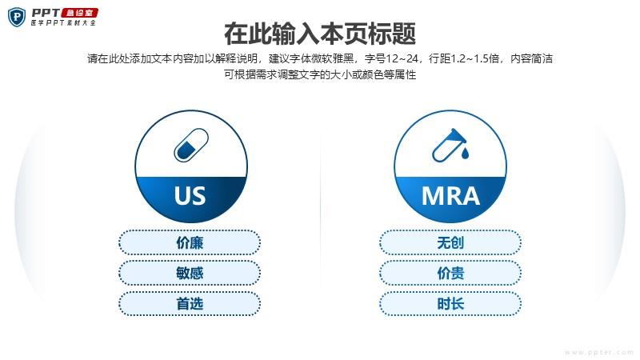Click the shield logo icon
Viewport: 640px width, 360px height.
(x=17, y=17)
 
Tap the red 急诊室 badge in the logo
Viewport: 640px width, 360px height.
(x=79, y=13)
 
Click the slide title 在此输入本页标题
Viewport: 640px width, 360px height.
(x=320, y=34)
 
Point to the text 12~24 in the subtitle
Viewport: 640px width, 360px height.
(x=402, y=58)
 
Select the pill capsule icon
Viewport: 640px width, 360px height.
(x=191, y=145)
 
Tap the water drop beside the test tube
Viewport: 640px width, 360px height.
(x=465, y=153)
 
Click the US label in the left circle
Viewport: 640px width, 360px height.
(x=190, y=195)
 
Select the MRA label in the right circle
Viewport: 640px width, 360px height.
(x=450, y=196)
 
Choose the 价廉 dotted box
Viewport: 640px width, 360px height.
(x=190, y=243)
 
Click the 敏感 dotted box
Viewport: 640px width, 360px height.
(x=190, y=273)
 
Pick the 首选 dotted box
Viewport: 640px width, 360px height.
(x=190, y=304)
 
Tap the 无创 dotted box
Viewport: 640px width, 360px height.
(x=450, y=243)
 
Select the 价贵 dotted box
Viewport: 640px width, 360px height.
(x=450, y=273)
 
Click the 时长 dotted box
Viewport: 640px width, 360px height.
(x=450, y=304)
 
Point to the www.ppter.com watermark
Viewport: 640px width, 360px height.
(x=598, y=352)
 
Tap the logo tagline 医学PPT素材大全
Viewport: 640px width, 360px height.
(x=63, y=23)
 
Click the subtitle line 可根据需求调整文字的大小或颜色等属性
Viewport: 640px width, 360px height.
(x=320, y=74)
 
